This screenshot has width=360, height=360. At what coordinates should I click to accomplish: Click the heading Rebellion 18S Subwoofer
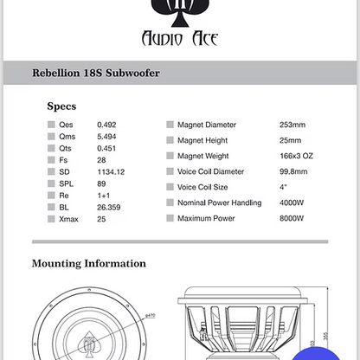(94, 74)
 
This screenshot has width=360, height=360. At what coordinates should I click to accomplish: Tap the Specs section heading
(61, 106)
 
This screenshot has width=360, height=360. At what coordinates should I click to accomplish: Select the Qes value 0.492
(106, 125)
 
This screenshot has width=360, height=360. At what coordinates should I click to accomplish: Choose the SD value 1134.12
(110, 171)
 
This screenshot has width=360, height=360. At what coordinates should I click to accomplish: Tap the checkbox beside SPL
(52, 183)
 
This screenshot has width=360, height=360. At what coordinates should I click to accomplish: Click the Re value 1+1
(103, 195)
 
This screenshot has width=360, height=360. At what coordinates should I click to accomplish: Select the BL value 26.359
(108, 207)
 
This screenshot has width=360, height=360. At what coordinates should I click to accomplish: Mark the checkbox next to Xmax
(52, 219)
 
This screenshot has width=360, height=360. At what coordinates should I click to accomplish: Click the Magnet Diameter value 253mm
(292, 125)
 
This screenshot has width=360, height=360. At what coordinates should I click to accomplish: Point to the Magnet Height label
(206, 140)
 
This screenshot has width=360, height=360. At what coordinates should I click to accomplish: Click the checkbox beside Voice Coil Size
(170, 187)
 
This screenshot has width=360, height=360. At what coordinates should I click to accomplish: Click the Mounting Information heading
(89, 263)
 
